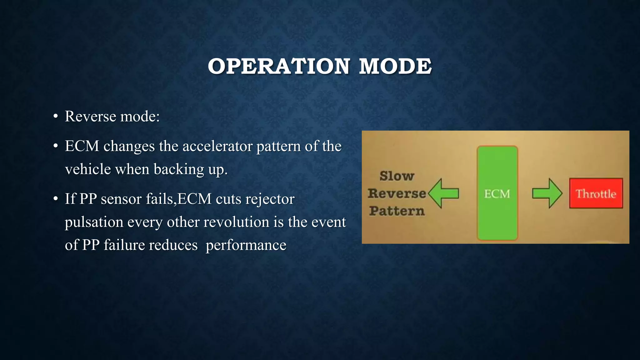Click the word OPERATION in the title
coord(278,66)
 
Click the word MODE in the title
coord(395,66)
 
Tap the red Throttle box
coord(596,193)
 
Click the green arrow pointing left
coord(443,193)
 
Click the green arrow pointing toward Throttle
coord(547,193)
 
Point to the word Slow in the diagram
coord(397,176)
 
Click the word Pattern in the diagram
coord(397,211)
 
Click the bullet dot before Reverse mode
coord(56,117)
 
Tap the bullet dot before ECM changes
coord(56,146)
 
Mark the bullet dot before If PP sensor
coord(56,199)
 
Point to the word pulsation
coord(94,222)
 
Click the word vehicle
coord(88,170)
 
